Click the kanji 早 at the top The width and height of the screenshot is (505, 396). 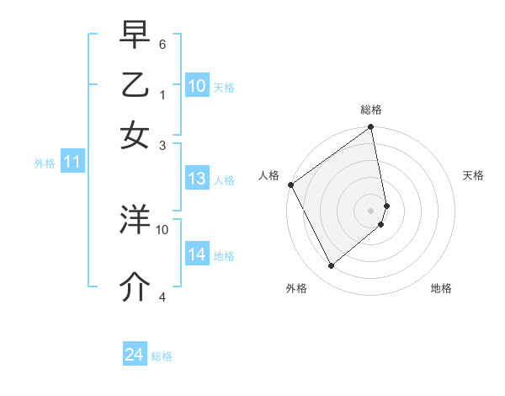[x=135, y=35]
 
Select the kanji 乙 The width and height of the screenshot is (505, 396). [x=135, y=85]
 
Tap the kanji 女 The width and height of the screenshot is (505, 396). [x=135, y=135]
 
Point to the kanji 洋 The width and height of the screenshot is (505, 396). [x=135, y=219]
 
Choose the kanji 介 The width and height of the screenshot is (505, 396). [x=135, y=286]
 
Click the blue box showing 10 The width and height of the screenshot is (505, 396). [x=197, y=86]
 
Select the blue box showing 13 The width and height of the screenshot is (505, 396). [x=197, y=179]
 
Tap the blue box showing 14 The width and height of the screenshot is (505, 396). [x=197, y=254]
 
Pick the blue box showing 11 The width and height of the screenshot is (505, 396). [x=72, y=163]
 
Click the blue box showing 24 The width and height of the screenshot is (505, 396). [x=135, y=355]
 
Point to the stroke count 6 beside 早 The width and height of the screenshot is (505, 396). [x=162, y=43]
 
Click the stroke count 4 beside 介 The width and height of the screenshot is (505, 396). [x=162, y=296]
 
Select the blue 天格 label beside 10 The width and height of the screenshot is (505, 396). [x=224, y=87]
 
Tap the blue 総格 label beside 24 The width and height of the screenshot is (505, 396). [x=162, y=356]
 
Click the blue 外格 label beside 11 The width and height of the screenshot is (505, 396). [x=45, y=163]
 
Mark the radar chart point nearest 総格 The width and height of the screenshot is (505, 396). [x=370, y=128]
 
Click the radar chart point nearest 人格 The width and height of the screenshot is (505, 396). [x=290, y=185]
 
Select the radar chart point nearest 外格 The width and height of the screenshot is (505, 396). [x=331, y=266]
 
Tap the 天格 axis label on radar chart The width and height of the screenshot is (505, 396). [x=473, y=175]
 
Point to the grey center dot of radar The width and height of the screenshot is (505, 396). [x=370, y=210]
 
